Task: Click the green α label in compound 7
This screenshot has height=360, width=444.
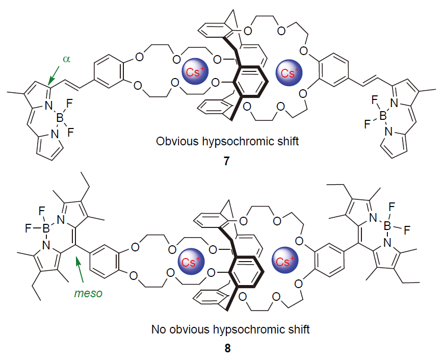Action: pos(66,59)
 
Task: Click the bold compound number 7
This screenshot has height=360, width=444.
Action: pos(227,161)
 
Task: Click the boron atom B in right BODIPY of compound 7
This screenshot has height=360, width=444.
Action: pos(384,117)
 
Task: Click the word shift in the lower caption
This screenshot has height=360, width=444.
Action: pos(299,329)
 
